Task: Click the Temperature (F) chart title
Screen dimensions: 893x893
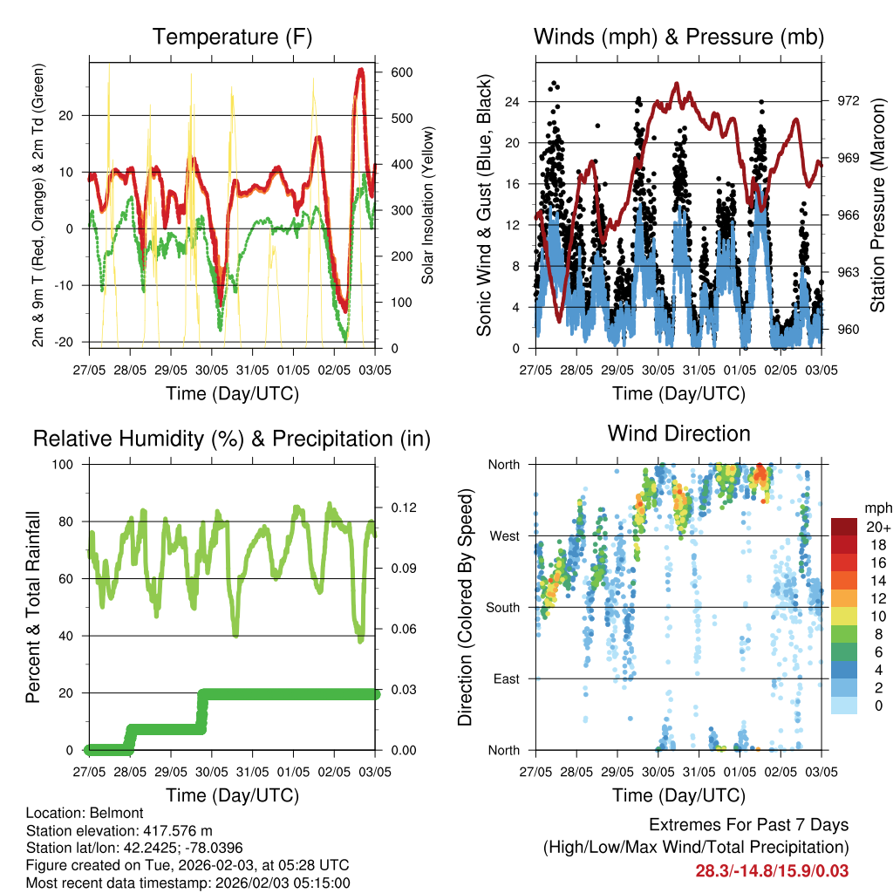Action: coord(232,37)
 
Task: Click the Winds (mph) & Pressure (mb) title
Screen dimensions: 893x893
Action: coord(678,37)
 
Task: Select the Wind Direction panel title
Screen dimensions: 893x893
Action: coord(678,433)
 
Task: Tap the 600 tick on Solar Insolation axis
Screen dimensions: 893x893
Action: coord(402,72)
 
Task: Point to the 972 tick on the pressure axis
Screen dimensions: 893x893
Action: coord(849,100)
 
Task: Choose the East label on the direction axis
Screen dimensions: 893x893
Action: coord(505,678)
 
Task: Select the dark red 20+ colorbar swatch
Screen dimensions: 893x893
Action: coord(844,527)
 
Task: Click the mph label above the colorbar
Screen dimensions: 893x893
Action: coord(876,508)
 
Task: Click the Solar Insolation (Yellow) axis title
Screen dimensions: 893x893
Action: coord(428,205)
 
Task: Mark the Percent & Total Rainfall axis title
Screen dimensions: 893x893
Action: coord(32,607)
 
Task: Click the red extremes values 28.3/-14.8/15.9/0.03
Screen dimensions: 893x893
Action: coord(772,870)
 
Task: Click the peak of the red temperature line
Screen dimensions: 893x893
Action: coord(360,69)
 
